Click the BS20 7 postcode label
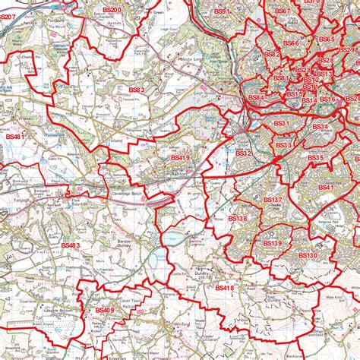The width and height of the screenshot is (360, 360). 8,16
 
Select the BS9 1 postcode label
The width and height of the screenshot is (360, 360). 223,12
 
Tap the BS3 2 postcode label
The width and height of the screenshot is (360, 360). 243,153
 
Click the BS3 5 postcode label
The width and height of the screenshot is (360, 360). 315,158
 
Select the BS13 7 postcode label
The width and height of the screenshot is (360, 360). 272,199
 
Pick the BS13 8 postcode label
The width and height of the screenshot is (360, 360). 237,219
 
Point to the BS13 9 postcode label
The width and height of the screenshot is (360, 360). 272,242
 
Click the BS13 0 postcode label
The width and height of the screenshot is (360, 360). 308,256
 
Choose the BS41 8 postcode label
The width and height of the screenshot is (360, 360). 225,288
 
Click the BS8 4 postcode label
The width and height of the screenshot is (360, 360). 256,98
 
